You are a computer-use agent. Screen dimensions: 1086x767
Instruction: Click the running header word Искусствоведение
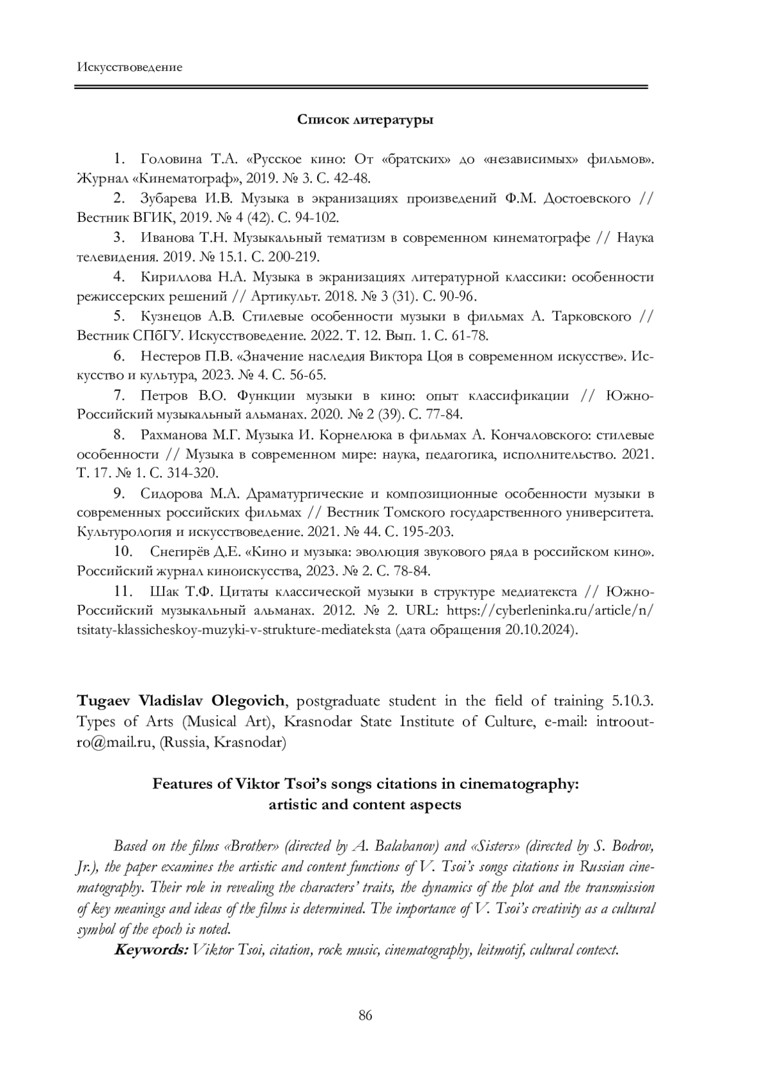pos(129,67)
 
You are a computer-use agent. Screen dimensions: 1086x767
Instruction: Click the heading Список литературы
pos(365,120)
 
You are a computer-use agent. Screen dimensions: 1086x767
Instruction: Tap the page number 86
pos(366,1015)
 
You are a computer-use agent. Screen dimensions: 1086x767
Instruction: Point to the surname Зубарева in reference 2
pos(169,198)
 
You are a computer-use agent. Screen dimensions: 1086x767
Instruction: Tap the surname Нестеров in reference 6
pos(169,356)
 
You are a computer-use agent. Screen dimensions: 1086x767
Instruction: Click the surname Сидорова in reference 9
pos(169,494)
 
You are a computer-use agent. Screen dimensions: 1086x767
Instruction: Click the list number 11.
pos(123,591)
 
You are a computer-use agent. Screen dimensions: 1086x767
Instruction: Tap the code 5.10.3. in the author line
pos(633,701)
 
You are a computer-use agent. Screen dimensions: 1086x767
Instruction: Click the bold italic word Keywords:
pos(151,950)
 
